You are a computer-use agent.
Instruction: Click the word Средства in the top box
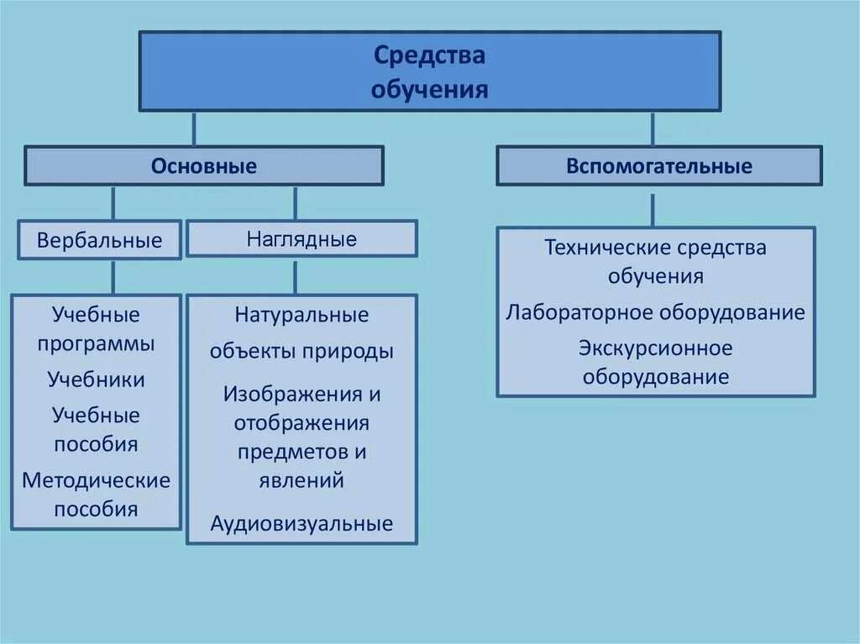(429, 56)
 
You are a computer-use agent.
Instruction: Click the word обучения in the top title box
(429, 89)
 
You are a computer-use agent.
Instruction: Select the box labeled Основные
(204, 166)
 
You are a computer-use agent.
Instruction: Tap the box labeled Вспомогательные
(659, 166)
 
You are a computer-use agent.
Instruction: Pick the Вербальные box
(99, 241)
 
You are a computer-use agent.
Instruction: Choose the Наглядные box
(302, 238)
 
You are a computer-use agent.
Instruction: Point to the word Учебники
(96, 380)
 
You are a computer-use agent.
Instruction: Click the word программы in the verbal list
(96, 344)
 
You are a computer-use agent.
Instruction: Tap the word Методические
(96, 480)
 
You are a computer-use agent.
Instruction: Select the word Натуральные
(302, 316)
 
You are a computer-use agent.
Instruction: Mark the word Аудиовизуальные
(302, 525)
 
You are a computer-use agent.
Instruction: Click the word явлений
(302, 480)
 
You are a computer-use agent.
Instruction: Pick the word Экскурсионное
(655, 348)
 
